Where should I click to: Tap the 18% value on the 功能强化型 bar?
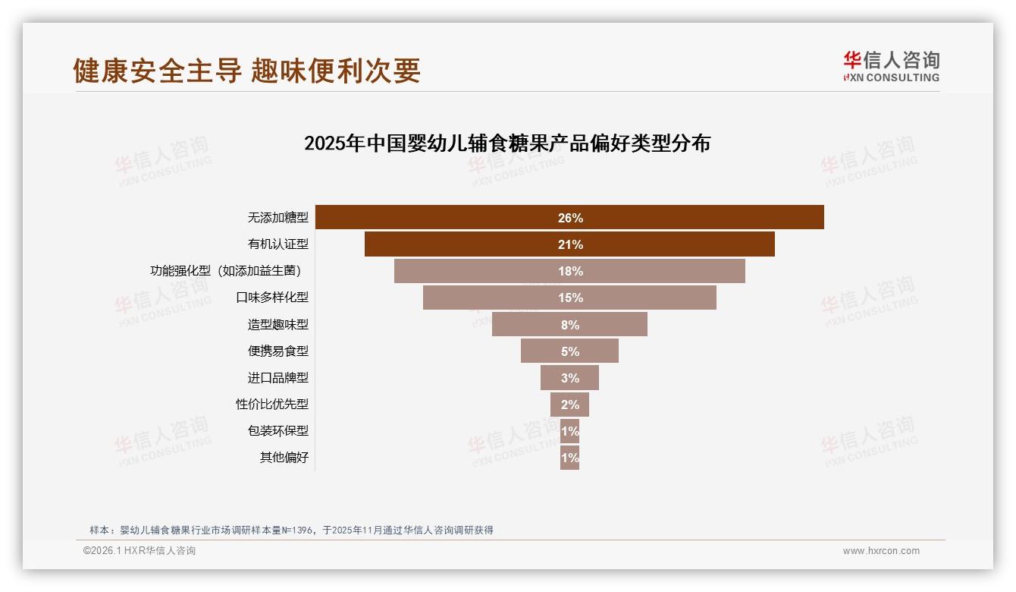coord(570,272)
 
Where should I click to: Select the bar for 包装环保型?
coord(569,431)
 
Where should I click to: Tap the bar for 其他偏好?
coord(569,458)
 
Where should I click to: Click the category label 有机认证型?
coord(278,244)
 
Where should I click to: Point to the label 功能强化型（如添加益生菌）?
coord(230,271)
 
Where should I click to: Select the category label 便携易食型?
coord(278,351)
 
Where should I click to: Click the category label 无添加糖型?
coord(278,218)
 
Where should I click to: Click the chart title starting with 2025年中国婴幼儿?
coord(506,143)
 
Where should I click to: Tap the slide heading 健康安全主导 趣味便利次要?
coord(246,71)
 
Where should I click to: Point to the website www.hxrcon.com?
coord(881,551)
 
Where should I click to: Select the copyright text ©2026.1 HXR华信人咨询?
coord(140,551)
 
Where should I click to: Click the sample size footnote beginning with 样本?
coord(291,530)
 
